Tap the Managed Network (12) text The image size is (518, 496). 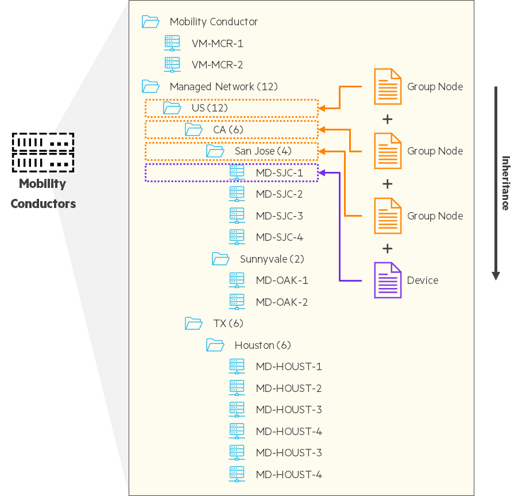[223, 87]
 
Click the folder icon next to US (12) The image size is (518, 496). [172, 107]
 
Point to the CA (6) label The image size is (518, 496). [228, 129]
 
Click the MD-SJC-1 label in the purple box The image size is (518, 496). [279, 172]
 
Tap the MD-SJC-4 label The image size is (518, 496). [279, 237]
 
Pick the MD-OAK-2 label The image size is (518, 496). [282, 302]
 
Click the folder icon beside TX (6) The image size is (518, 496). [194, 324]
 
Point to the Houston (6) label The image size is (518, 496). [262, 345]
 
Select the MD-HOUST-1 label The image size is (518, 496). [289, 367]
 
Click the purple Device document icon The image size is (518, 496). [388, 280]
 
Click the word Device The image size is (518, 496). [423, 280]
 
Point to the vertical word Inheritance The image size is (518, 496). [506, 183]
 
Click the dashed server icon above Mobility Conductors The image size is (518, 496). [44, 152]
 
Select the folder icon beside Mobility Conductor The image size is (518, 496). [150, 22]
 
